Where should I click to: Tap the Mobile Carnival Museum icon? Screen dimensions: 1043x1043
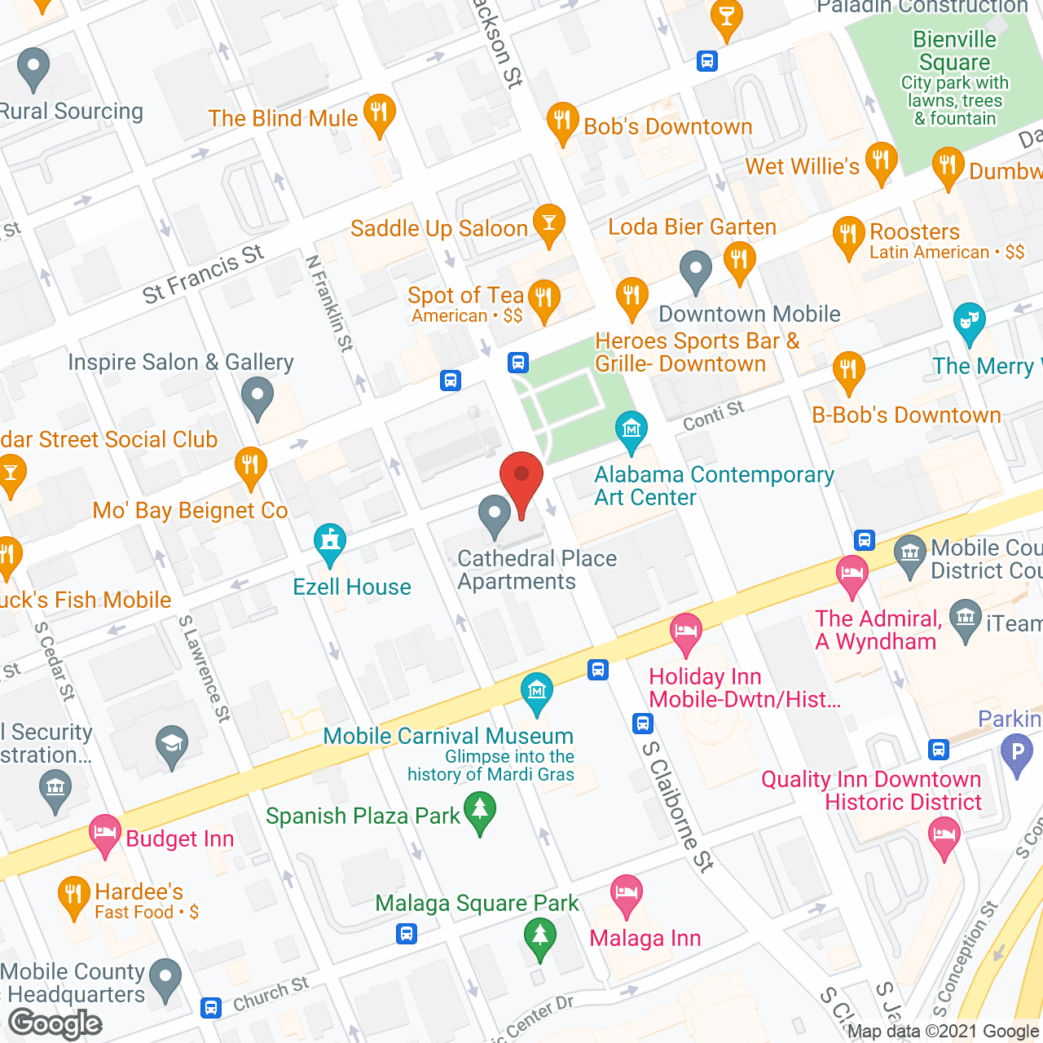pos(537,692)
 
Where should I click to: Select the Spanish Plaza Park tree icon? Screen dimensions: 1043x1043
pos(480,812)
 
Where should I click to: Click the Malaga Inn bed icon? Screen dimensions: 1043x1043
pos(626,894)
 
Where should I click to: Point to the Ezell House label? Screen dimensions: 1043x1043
pos(352,587)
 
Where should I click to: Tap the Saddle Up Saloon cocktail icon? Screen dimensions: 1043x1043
pos(548,222)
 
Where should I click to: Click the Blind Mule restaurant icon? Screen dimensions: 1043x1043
pos(379,112)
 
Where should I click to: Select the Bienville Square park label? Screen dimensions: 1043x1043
pos(954,51)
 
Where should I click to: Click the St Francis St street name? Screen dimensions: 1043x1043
pos(203,274)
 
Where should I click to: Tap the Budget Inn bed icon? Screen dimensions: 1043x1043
pos(105,834)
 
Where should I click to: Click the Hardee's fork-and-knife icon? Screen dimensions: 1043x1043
pos(74,896)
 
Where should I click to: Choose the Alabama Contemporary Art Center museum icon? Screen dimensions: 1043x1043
pos(631,429)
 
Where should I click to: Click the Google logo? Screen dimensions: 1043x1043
pos(55,1023)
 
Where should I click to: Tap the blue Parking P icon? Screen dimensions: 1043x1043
pos(1016,751)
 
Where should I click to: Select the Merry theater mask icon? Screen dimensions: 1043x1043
pos(969,320)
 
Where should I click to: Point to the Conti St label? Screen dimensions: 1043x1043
pos(713,416)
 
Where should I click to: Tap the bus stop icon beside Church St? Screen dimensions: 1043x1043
pos(211,1008)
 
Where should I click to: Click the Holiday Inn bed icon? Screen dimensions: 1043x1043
pos(686,632)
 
